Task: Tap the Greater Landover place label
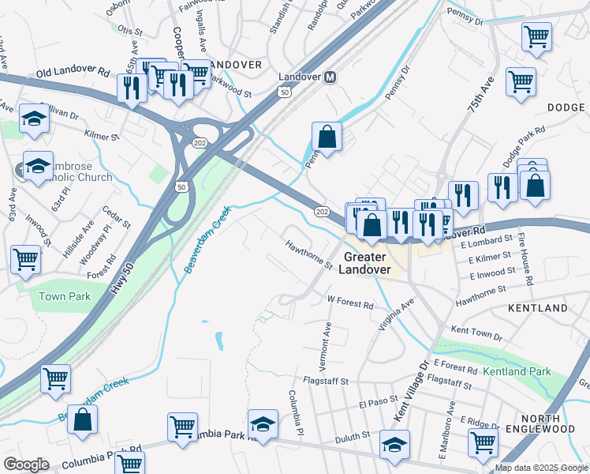[x=364, y=263]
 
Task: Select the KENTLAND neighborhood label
[x=537, y=307]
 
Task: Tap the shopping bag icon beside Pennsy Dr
[x=327, y=137]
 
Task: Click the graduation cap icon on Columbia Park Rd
[x=263, y=424]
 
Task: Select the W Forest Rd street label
[x=349, y=301]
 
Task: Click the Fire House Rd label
[x=528, y=265]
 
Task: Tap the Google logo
[x=26, y=465]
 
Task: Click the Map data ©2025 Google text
[x=541, y=468]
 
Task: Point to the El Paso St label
[x=375, y=403]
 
